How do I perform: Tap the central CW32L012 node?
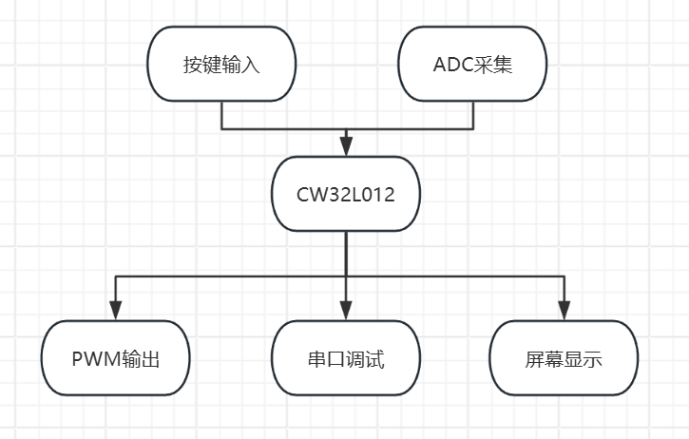[x=346, y=193]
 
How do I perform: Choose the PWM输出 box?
[x=116, y=359]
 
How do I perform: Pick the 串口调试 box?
[x=346, y=359]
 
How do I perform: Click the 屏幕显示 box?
[x=564, y=359]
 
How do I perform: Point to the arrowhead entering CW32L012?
[x=346, y=145]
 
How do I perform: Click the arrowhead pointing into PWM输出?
[x=116, y=311]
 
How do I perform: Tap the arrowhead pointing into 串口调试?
[x=346, y=311]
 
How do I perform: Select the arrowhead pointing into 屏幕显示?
[x=564, y=311]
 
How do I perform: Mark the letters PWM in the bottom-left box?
[x=93, y=360]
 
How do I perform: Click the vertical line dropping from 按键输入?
[x=221, y=113]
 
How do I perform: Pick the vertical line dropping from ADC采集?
[x=472, y=113]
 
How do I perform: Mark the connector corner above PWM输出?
[x=116, y=277]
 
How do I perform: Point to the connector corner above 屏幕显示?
[x=564, y=277]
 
